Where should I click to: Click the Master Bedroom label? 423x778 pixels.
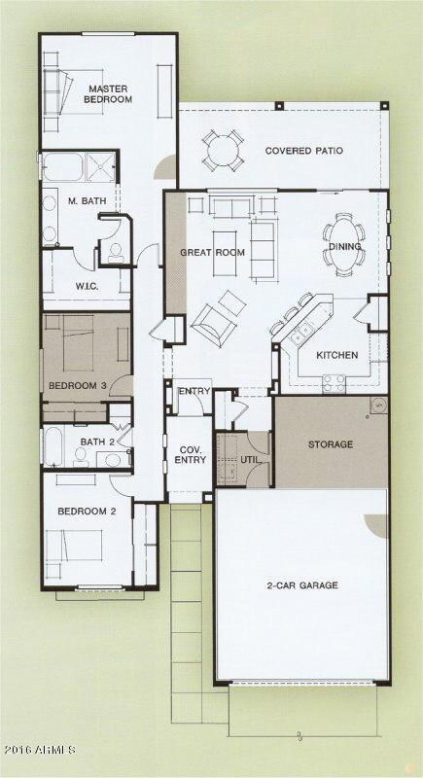coord(108,93)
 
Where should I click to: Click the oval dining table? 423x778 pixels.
coord(344,236)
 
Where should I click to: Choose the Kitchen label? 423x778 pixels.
coord(337,355)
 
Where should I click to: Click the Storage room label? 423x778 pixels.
coord(331,444)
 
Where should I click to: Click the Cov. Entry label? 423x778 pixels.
coord(189,454)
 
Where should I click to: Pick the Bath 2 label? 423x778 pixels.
coord(97,442)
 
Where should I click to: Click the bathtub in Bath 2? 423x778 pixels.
coord(53,446)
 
